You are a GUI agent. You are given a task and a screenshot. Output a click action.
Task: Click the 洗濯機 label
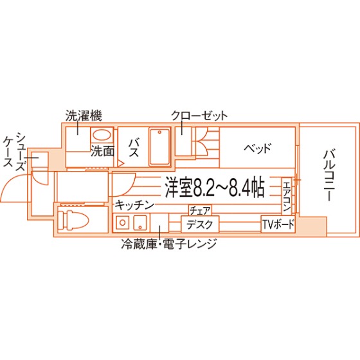pos(84,116)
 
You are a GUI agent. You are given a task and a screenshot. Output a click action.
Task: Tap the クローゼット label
pos(199,116)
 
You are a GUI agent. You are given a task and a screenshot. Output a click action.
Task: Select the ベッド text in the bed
pos(258,148)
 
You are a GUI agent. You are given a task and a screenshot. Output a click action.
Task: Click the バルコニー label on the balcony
pos(329,175)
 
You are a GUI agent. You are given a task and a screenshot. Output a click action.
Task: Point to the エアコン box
pos(287,196)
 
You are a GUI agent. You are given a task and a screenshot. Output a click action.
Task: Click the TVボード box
pos(278,224)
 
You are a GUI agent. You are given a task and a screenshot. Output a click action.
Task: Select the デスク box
pos(200,224)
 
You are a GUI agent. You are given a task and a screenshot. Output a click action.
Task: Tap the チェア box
pos(200,210)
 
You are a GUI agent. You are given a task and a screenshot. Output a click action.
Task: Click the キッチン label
pos(134,205)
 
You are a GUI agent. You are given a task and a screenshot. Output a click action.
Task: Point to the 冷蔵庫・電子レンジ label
pos(169,244)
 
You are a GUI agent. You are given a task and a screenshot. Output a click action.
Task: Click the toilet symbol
pos(73,220)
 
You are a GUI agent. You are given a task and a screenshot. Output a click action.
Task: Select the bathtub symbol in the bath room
pos(160,147)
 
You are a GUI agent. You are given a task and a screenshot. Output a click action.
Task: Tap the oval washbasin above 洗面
pos(102,135)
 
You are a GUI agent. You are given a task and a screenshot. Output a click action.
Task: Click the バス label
pos(134,148)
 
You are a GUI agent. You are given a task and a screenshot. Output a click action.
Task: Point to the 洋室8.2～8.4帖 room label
pos(215,187)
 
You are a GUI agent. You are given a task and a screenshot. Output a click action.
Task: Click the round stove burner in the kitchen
pos(122,222)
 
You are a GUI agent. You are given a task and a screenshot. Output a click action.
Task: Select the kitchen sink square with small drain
pos(140,222)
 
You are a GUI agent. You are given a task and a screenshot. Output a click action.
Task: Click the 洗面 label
pos(102,151)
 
